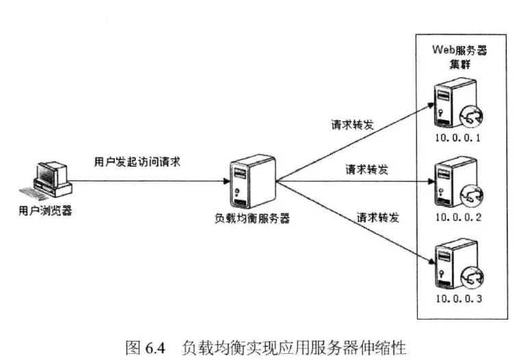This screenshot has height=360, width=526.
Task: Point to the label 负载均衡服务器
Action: tap(252, 219)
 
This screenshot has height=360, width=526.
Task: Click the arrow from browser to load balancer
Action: tap(150, 181)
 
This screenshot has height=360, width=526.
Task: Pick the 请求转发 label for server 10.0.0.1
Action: tap(352, 126)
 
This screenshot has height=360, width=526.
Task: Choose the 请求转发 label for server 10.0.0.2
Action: tap(367, 170)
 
